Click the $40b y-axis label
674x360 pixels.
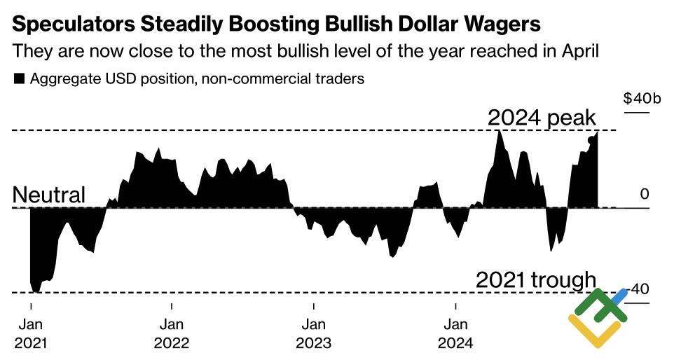[x=642, y=98]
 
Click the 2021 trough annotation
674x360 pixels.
[x=535, y=280]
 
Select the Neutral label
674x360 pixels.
[x=49, y=195]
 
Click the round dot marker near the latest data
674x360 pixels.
[x=591, y=139]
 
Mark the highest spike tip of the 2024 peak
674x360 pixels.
[x=499, y=131]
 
